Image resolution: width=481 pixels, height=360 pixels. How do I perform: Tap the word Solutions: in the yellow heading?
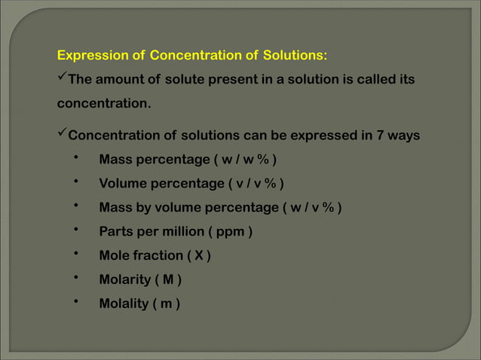pos(295,56)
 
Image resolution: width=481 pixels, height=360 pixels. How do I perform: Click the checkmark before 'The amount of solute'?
pos(63,78)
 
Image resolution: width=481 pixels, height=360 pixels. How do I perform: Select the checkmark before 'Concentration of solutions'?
pos(63,136)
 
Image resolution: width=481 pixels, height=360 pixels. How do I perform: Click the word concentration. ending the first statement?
pos(105,103)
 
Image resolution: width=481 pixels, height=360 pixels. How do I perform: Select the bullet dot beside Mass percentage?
pos(76,158)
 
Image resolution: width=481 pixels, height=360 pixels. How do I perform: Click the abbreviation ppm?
pos(230,232)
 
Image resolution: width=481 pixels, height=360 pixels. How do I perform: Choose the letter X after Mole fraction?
pos(198,256)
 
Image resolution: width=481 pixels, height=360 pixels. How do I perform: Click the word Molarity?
pos(124,280)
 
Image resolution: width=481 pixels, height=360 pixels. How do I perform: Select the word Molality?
pos(124,304)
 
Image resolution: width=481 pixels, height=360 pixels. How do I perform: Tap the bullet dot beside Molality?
pos(76,302)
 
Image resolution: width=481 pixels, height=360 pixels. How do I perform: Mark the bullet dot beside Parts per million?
pos(76,230)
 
